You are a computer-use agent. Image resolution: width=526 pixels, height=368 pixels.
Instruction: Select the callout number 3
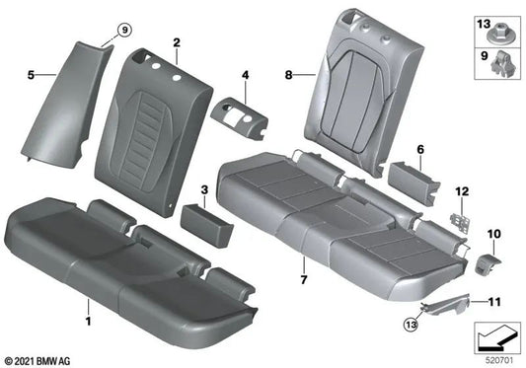tap(204, 186)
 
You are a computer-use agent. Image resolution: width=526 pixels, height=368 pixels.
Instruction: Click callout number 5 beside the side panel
tap(31, 73)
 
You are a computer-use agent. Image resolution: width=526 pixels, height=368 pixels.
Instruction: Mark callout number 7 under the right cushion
tap(304, 266)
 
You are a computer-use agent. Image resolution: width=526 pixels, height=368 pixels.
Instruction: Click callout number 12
tap(459, 189)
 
